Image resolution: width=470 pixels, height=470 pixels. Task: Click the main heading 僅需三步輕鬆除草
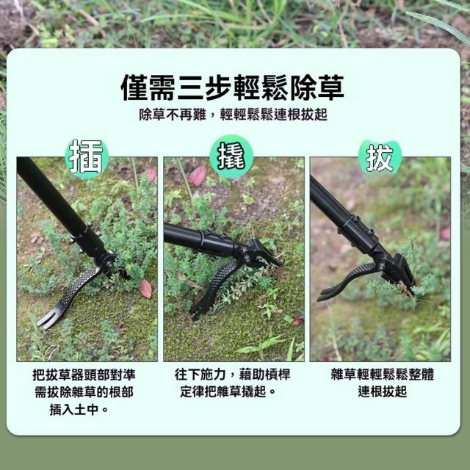coord(232,87)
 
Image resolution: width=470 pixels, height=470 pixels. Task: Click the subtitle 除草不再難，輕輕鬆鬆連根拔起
coord(233,115)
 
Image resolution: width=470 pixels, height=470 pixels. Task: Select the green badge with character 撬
coord(231,156)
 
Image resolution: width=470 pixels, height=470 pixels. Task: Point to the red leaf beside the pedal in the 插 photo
coord(146,289)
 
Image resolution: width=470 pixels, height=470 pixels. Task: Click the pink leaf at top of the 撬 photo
coord(198,176)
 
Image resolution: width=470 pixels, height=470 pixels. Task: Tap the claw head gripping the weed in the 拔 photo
coord(399,274)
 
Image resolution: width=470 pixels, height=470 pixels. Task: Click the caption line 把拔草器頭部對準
coord(84,375)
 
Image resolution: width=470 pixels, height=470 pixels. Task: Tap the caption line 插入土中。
coord(79,410)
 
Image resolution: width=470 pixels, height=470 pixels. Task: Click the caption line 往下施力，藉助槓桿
coord(233,375)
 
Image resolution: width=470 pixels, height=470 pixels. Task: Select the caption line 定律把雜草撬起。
coord(228,391)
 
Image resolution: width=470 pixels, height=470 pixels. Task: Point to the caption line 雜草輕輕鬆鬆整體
coord(382,375)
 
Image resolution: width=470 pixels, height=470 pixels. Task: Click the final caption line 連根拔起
coord(382,391)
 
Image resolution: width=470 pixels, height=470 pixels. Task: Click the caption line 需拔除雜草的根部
coord(84,392)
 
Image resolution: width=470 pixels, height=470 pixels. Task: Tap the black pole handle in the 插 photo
coord(51,198)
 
